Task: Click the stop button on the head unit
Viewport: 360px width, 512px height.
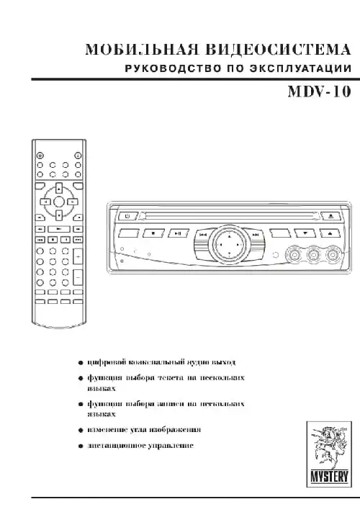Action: click(153, 234)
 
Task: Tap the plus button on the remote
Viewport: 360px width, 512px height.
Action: click(77, 256)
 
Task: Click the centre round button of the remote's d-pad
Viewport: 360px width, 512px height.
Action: click(58, 202)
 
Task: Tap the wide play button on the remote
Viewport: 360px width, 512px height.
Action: click(58, 228)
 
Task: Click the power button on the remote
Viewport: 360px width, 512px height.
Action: click(40, 155)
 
